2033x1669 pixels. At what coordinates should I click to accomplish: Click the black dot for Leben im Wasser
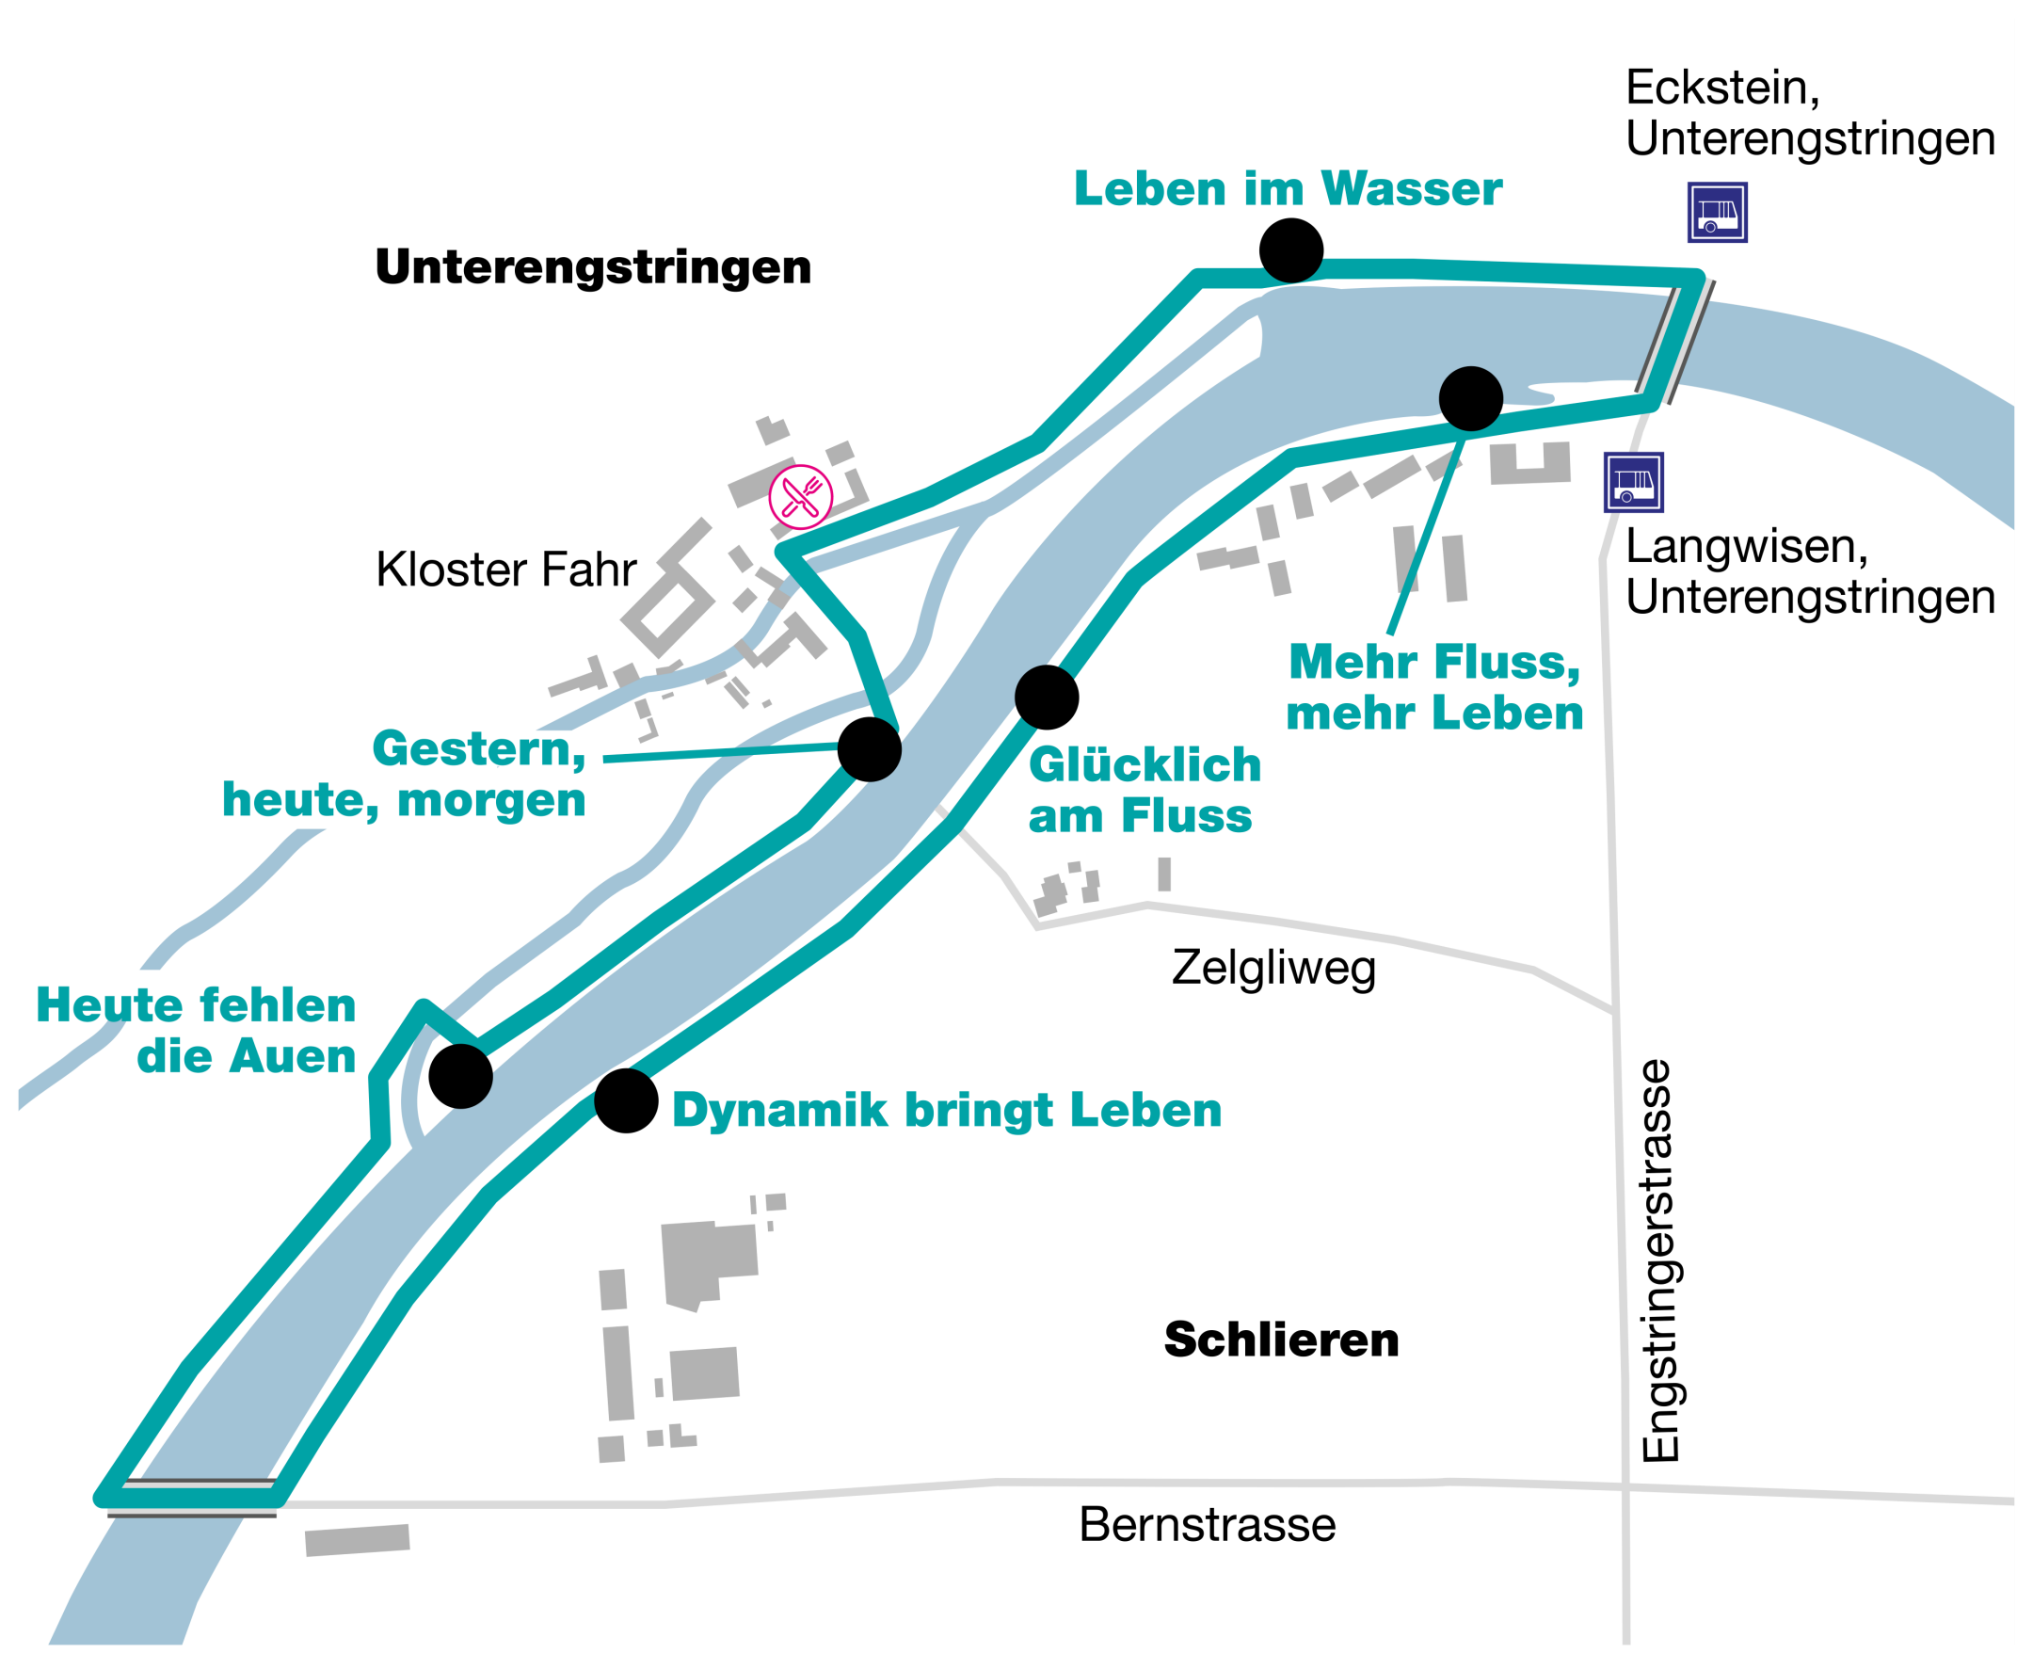tap(1290, 250)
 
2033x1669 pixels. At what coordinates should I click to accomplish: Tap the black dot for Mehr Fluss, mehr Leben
tap(1470, 398)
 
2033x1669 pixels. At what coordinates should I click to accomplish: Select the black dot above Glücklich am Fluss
tap(1046, 697)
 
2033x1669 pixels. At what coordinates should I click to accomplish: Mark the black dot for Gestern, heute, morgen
tap(869, 749)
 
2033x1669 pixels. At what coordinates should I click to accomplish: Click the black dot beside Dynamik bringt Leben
tap(626, 1099)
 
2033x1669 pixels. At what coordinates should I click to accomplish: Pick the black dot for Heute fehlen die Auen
tap(460, 1076)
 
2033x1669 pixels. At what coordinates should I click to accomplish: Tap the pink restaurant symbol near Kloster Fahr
tap(800, 497)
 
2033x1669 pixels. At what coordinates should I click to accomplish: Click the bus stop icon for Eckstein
tap(1717, 213)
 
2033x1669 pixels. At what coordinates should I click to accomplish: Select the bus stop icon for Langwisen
tap(1632, 482)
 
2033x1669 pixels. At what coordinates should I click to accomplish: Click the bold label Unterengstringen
tap(592, 266)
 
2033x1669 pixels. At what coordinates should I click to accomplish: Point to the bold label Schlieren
tap(1280, 1340)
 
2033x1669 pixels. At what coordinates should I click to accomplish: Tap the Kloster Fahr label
tap(505, 570)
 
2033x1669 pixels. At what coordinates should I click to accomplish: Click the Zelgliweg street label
tap(1273, 967)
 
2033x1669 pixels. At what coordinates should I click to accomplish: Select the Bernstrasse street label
tap(1207, 1524)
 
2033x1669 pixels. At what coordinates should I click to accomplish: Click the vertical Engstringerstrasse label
tap(1659, 1260)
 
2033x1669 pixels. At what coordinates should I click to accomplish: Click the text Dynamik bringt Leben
tap(946, 1110)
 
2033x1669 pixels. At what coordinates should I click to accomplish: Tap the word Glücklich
tap(1144, 765)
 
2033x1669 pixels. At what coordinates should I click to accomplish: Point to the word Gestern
tap(478, 749)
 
